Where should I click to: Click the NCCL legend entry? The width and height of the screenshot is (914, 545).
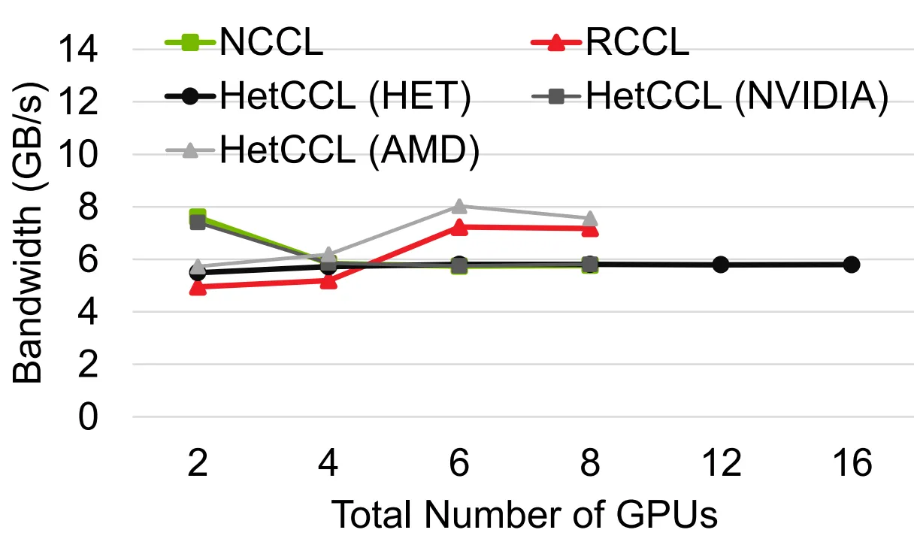[x=244, y=41]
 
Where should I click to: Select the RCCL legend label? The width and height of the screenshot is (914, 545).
[x=637, y=41]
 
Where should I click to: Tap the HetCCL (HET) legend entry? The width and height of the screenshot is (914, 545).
[x=318, y=96]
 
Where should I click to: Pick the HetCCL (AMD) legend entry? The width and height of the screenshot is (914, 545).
[x=322, y=150]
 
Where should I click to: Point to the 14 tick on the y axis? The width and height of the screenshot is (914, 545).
[x=78, y=50]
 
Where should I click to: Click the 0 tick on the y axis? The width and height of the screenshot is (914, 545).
[x=88, y=416]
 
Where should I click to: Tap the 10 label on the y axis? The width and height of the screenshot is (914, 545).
[x=78, y=154]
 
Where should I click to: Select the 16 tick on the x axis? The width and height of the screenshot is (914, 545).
[x=852, y=462]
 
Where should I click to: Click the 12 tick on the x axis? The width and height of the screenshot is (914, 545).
[x=721, y=462]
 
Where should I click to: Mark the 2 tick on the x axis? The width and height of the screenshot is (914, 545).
[x=198, y=462]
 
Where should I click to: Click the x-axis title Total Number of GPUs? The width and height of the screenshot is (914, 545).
[x=524, y=514]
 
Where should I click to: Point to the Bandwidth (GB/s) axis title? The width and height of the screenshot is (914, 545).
[x=28, y=232]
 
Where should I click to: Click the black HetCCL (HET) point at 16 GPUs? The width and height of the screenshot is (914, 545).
[x=852, y=265]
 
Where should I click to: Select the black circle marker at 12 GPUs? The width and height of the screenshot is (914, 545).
[x=721, y=265]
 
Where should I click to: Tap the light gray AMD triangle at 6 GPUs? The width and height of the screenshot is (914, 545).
[x=459, y=207]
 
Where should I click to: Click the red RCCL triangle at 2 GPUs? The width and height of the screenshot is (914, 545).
[x=198, y=288]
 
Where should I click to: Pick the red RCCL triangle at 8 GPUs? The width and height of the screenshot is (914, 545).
[x=590, y=229]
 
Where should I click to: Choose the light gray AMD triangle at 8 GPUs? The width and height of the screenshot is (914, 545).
[x=590, y=219]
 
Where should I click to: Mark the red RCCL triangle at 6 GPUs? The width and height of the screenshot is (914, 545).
[x=459, y=228]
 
